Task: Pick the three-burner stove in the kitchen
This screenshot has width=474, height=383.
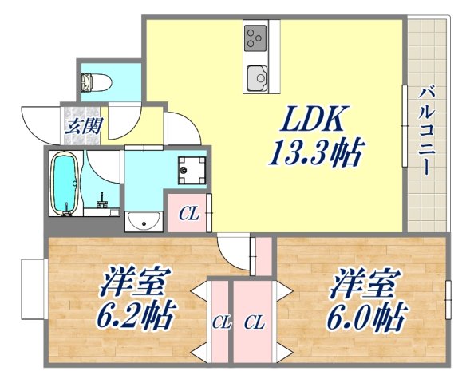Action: [255, 35]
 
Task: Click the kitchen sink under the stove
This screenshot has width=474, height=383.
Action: [256, 77]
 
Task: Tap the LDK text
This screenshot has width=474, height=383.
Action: [311, 121]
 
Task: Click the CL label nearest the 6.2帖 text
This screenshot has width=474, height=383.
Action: [220, 323]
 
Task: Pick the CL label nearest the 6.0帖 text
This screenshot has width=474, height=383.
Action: [254, 323]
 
